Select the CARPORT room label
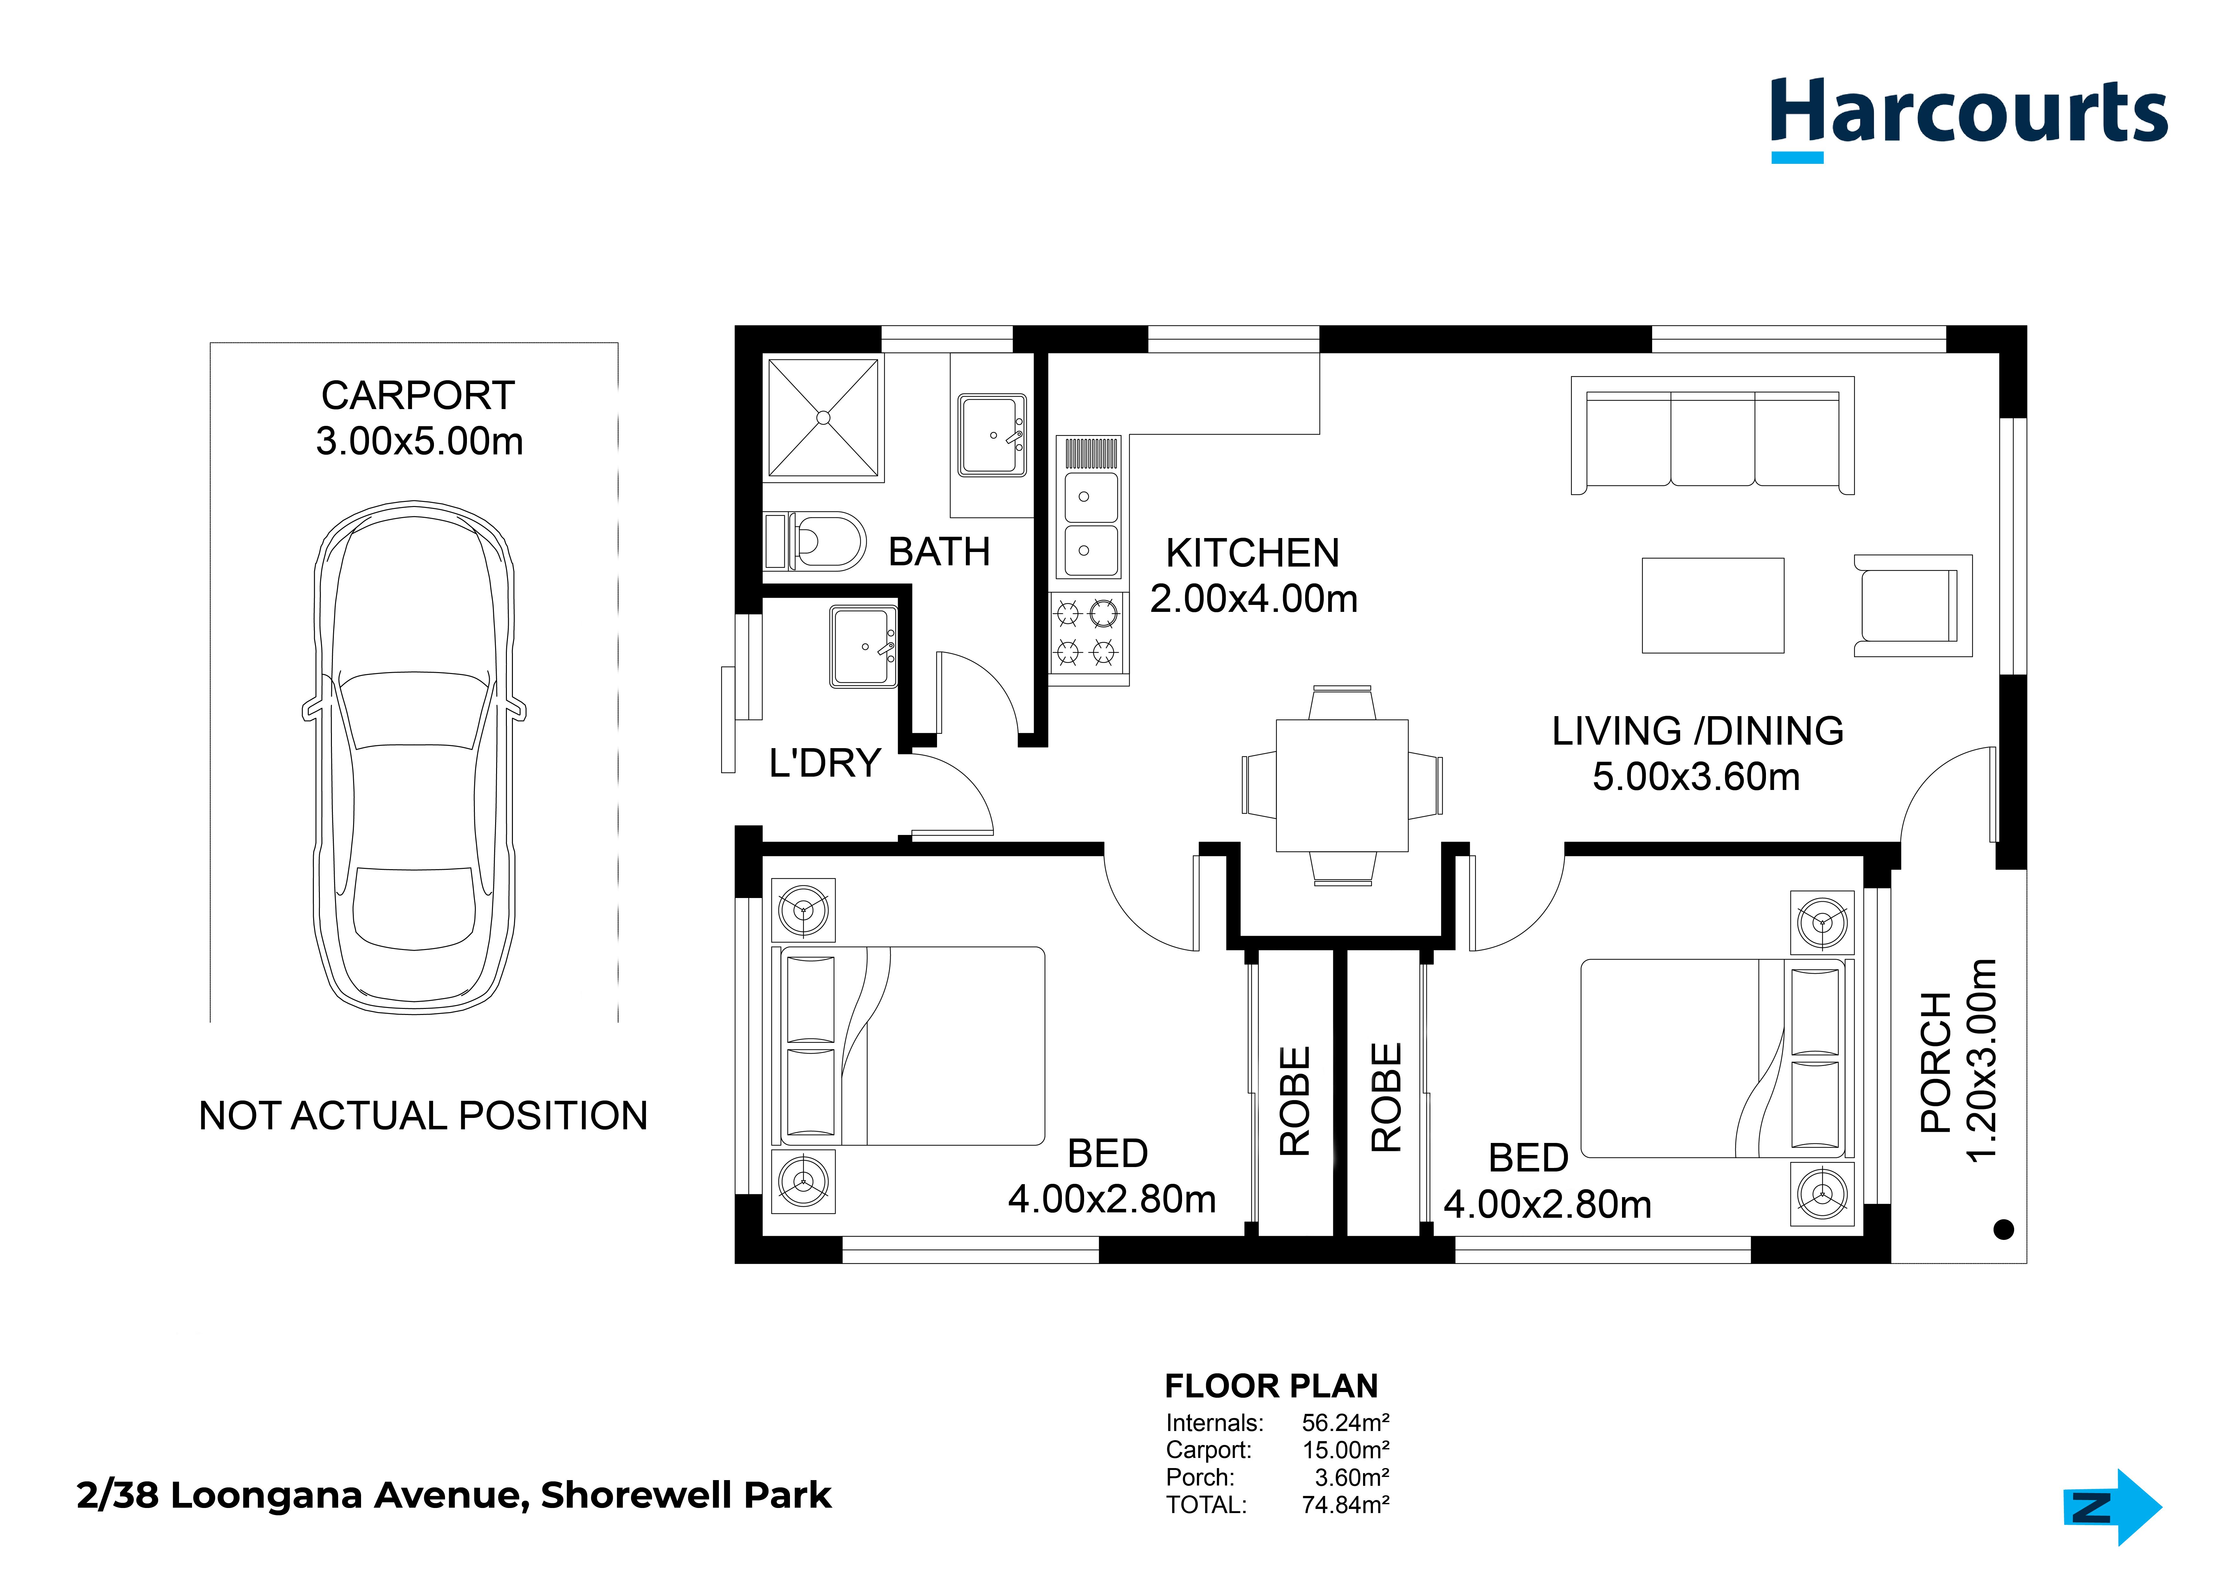point(418,395)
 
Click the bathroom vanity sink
point(992,435)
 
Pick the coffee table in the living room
point(1713,605)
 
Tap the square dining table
point(1342,786)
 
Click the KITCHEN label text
point(1252,553)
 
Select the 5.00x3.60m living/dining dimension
point(1696,777)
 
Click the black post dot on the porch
point(2004,1229)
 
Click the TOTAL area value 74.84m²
point(1345,1505)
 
